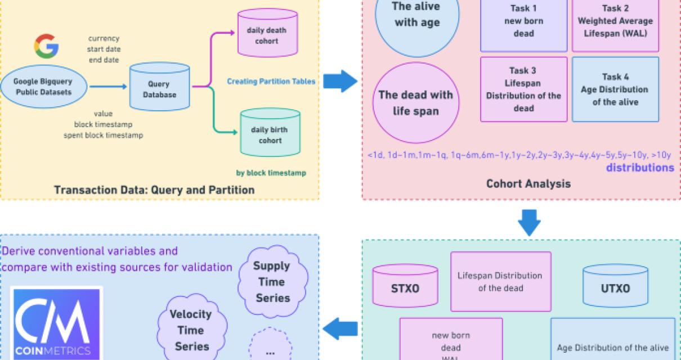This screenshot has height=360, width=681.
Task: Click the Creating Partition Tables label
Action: pos(271,82)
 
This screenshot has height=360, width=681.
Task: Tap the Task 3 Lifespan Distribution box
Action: pos(523,89)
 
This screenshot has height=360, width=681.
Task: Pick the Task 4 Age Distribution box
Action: pos(615,89)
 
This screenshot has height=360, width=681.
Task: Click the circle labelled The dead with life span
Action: pos(415,102)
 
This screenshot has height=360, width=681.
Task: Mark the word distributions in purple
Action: pos(640,168)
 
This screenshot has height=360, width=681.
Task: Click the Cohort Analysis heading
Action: pos(520,184)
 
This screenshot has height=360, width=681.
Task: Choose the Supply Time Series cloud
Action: pos(271,281)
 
